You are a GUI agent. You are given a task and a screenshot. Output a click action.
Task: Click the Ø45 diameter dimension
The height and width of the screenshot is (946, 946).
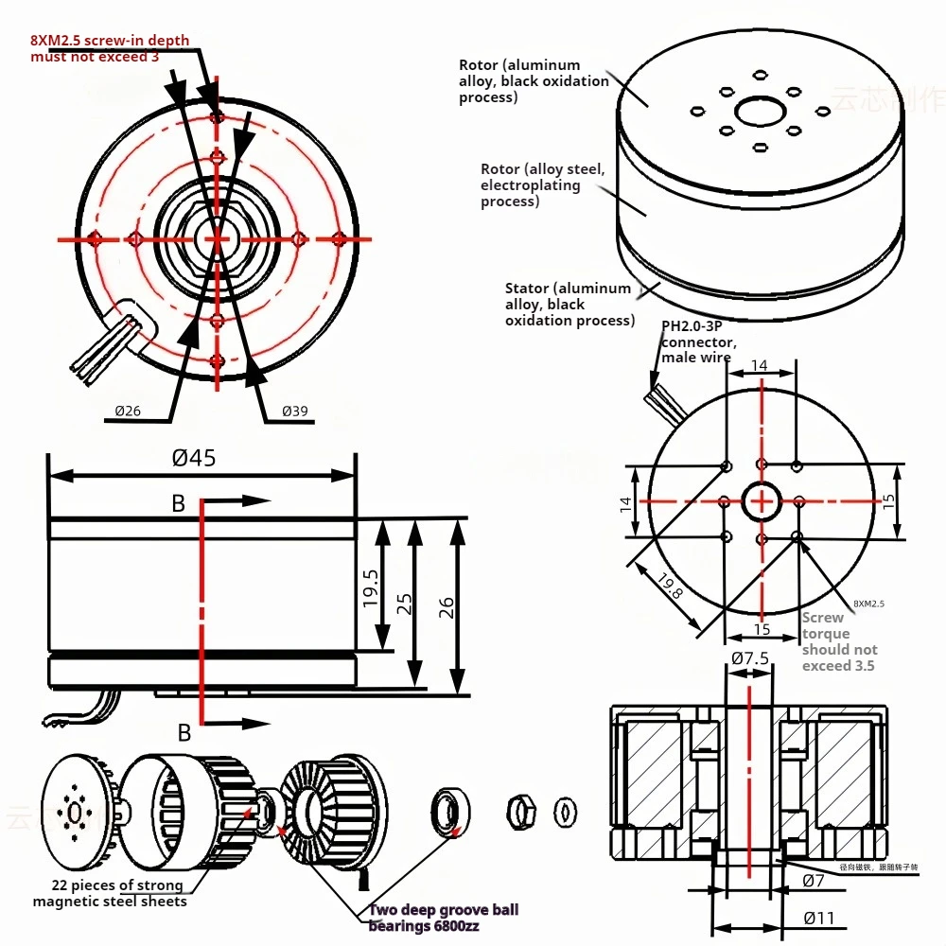tap(194, 458)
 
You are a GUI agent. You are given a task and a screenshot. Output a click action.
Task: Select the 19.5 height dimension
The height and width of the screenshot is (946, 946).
tap(371, 587)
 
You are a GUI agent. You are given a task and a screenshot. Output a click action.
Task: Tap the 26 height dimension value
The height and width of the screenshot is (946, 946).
tap(447, 605)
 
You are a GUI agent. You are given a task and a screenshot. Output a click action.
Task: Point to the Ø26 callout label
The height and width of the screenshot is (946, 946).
tap(128, 410)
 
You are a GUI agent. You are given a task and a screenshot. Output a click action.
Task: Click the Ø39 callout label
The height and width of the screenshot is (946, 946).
tap(294, 411)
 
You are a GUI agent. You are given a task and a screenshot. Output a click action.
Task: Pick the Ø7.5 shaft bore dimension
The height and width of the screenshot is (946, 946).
tap(749, 657)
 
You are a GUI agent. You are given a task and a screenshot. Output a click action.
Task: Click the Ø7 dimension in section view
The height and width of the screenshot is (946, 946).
tap(814, 881)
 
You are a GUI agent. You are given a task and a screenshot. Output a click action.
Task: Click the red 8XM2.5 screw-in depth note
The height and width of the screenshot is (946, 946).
tap(109, 49)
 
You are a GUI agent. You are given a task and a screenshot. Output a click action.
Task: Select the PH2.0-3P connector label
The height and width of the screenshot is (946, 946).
tap(698, 342)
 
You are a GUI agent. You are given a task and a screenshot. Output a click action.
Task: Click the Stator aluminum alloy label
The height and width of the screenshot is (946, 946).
tap(569, 304)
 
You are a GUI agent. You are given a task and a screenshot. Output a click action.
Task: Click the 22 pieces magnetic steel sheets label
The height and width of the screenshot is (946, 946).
tap(110, 893)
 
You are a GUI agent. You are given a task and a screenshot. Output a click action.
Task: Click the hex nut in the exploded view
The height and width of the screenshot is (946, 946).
tap(520, 811)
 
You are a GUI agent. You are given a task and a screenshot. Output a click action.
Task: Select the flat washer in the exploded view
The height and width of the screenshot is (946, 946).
tap(566, 811)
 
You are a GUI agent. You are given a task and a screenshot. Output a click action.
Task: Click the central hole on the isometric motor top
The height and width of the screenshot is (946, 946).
tap(759, 113)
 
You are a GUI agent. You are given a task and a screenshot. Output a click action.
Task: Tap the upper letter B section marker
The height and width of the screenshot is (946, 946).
tap(178, 504)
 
